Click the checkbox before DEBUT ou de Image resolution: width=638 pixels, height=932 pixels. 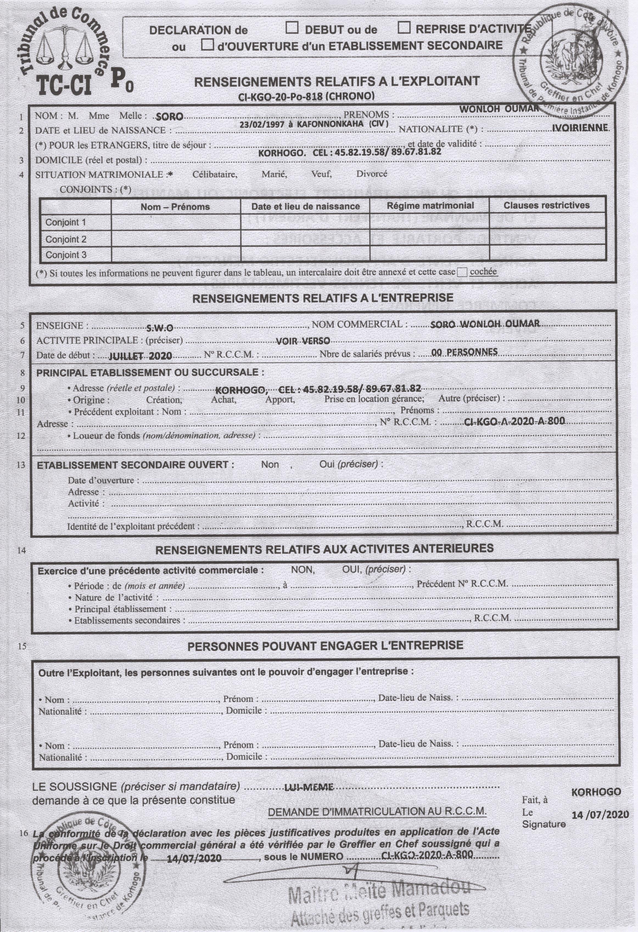(292, 28)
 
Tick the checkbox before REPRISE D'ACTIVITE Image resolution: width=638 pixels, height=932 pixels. (404, 28)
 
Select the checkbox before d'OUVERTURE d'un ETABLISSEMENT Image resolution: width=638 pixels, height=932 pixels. (208, 44)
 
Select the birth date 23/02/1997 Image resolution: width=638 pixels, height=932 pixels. (261, 125)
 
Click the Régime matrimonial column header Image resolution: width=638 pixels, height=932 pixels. (430, 206)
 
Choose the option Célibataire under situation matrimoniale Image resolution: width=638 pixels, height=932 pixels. (215, 174)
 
